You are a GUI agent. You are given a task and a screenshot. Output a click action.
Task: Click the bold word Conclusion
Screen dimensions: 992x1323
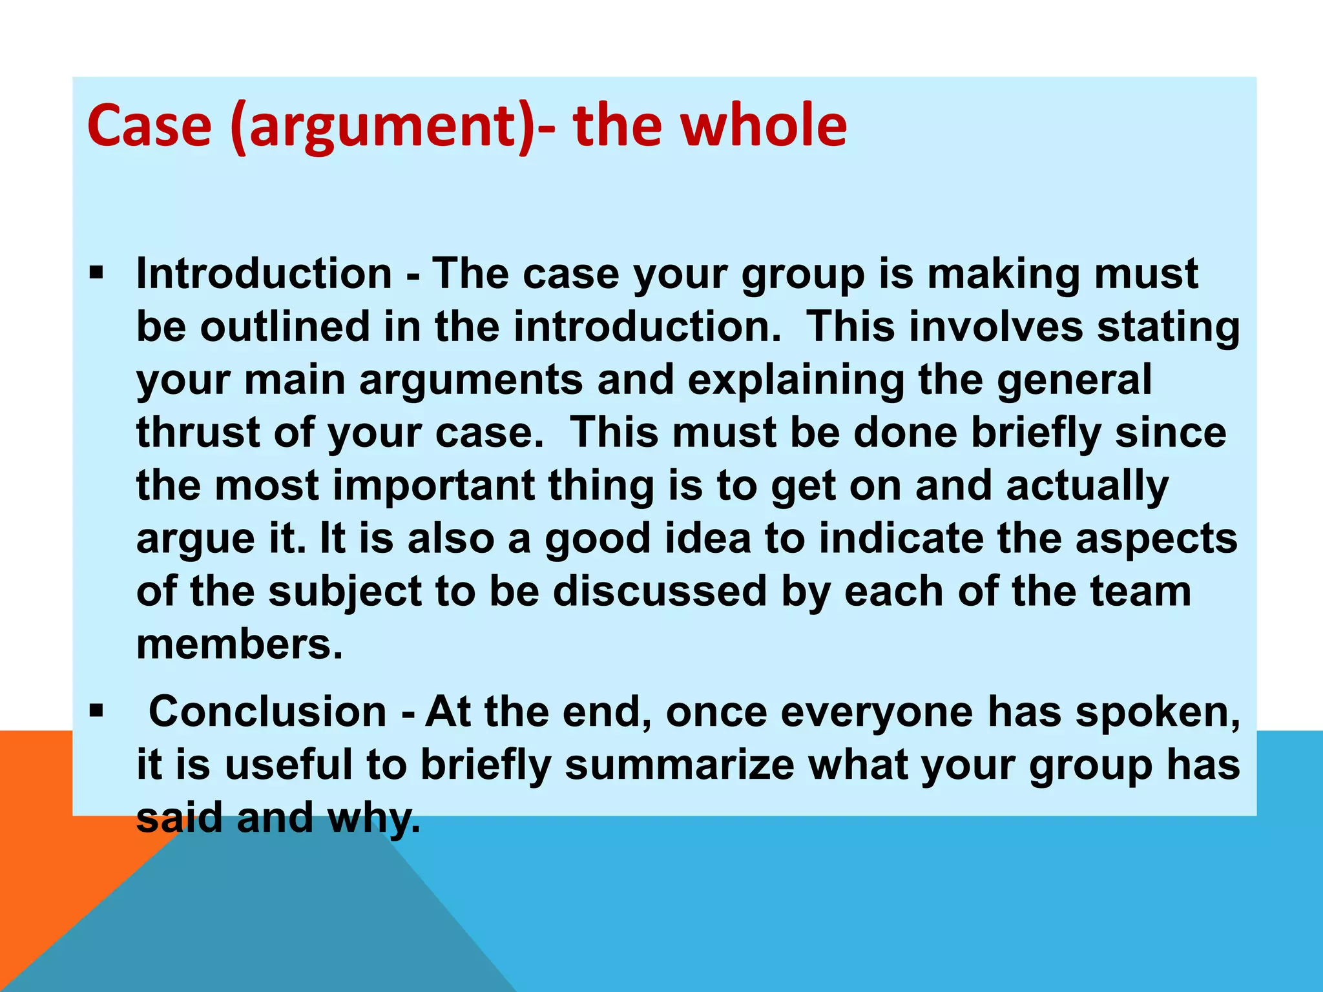[267, 712]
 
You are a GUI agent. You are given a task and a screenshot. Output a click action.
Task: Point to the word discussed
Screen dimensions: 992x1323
[659, 591]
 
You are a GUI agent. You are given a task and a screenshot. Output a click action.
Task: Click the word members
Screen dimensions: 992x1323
[239, 645]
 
